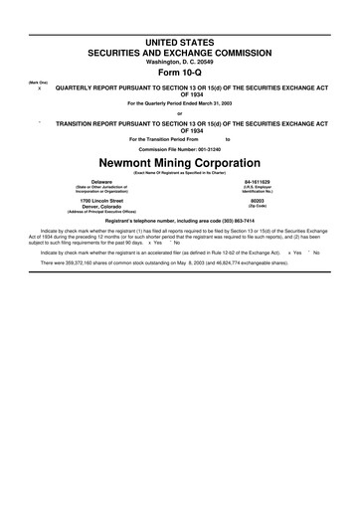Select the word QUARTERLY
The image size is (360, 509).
click(76, 88)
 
